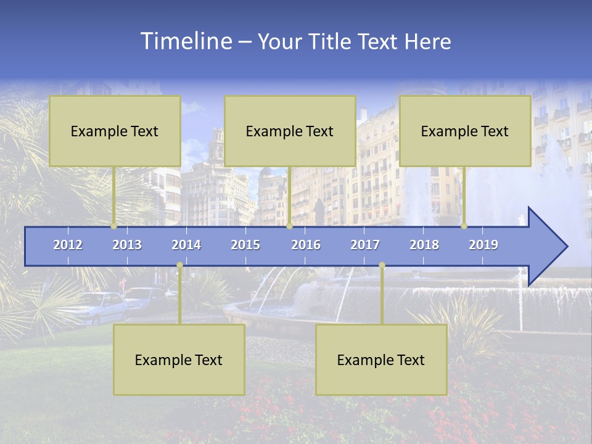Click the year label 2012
68,245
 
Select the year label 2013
127,245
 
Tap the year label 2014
186,245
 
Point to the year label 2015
245,245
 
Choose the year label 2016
306,245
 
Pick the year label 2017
365,245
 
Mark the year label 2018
424,245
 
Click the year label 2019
483,245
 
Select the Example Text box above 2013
115,131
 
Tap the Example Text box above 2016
290,131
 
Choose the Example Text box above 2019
465,131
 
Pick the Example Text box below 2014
179,360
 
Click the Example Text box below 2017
381,360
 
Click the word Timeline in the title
185,41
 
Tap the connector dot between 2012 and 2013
113,226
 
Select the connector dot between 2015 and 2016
290,226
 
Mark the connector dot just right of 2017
382,265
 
